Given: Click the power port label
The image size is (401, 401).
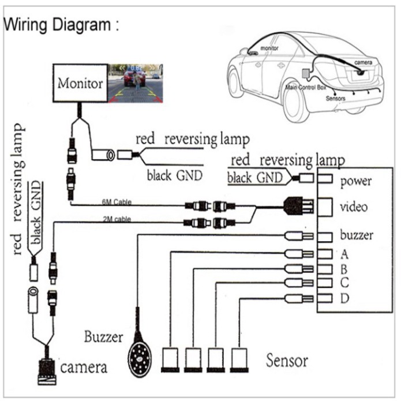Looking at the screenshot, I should pyautogui.click(x=356, y=182).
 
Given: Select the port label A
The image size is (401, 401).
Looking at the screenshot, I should pyautogui.click(x=344, y=253).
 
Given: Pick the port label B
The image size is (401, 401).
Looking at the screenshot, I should pyautogui.click(x=344, y=268).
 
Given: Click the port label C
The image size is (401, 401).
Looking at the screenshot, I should pyautogui.click(x=344, y=283).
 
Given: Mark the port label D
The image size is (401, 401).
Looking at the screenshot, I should pyautogui.click(x=345, y=298).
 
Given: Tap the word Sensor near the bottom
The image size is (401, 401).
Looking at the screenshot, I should pyautogui.click(x=287, y=361).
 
